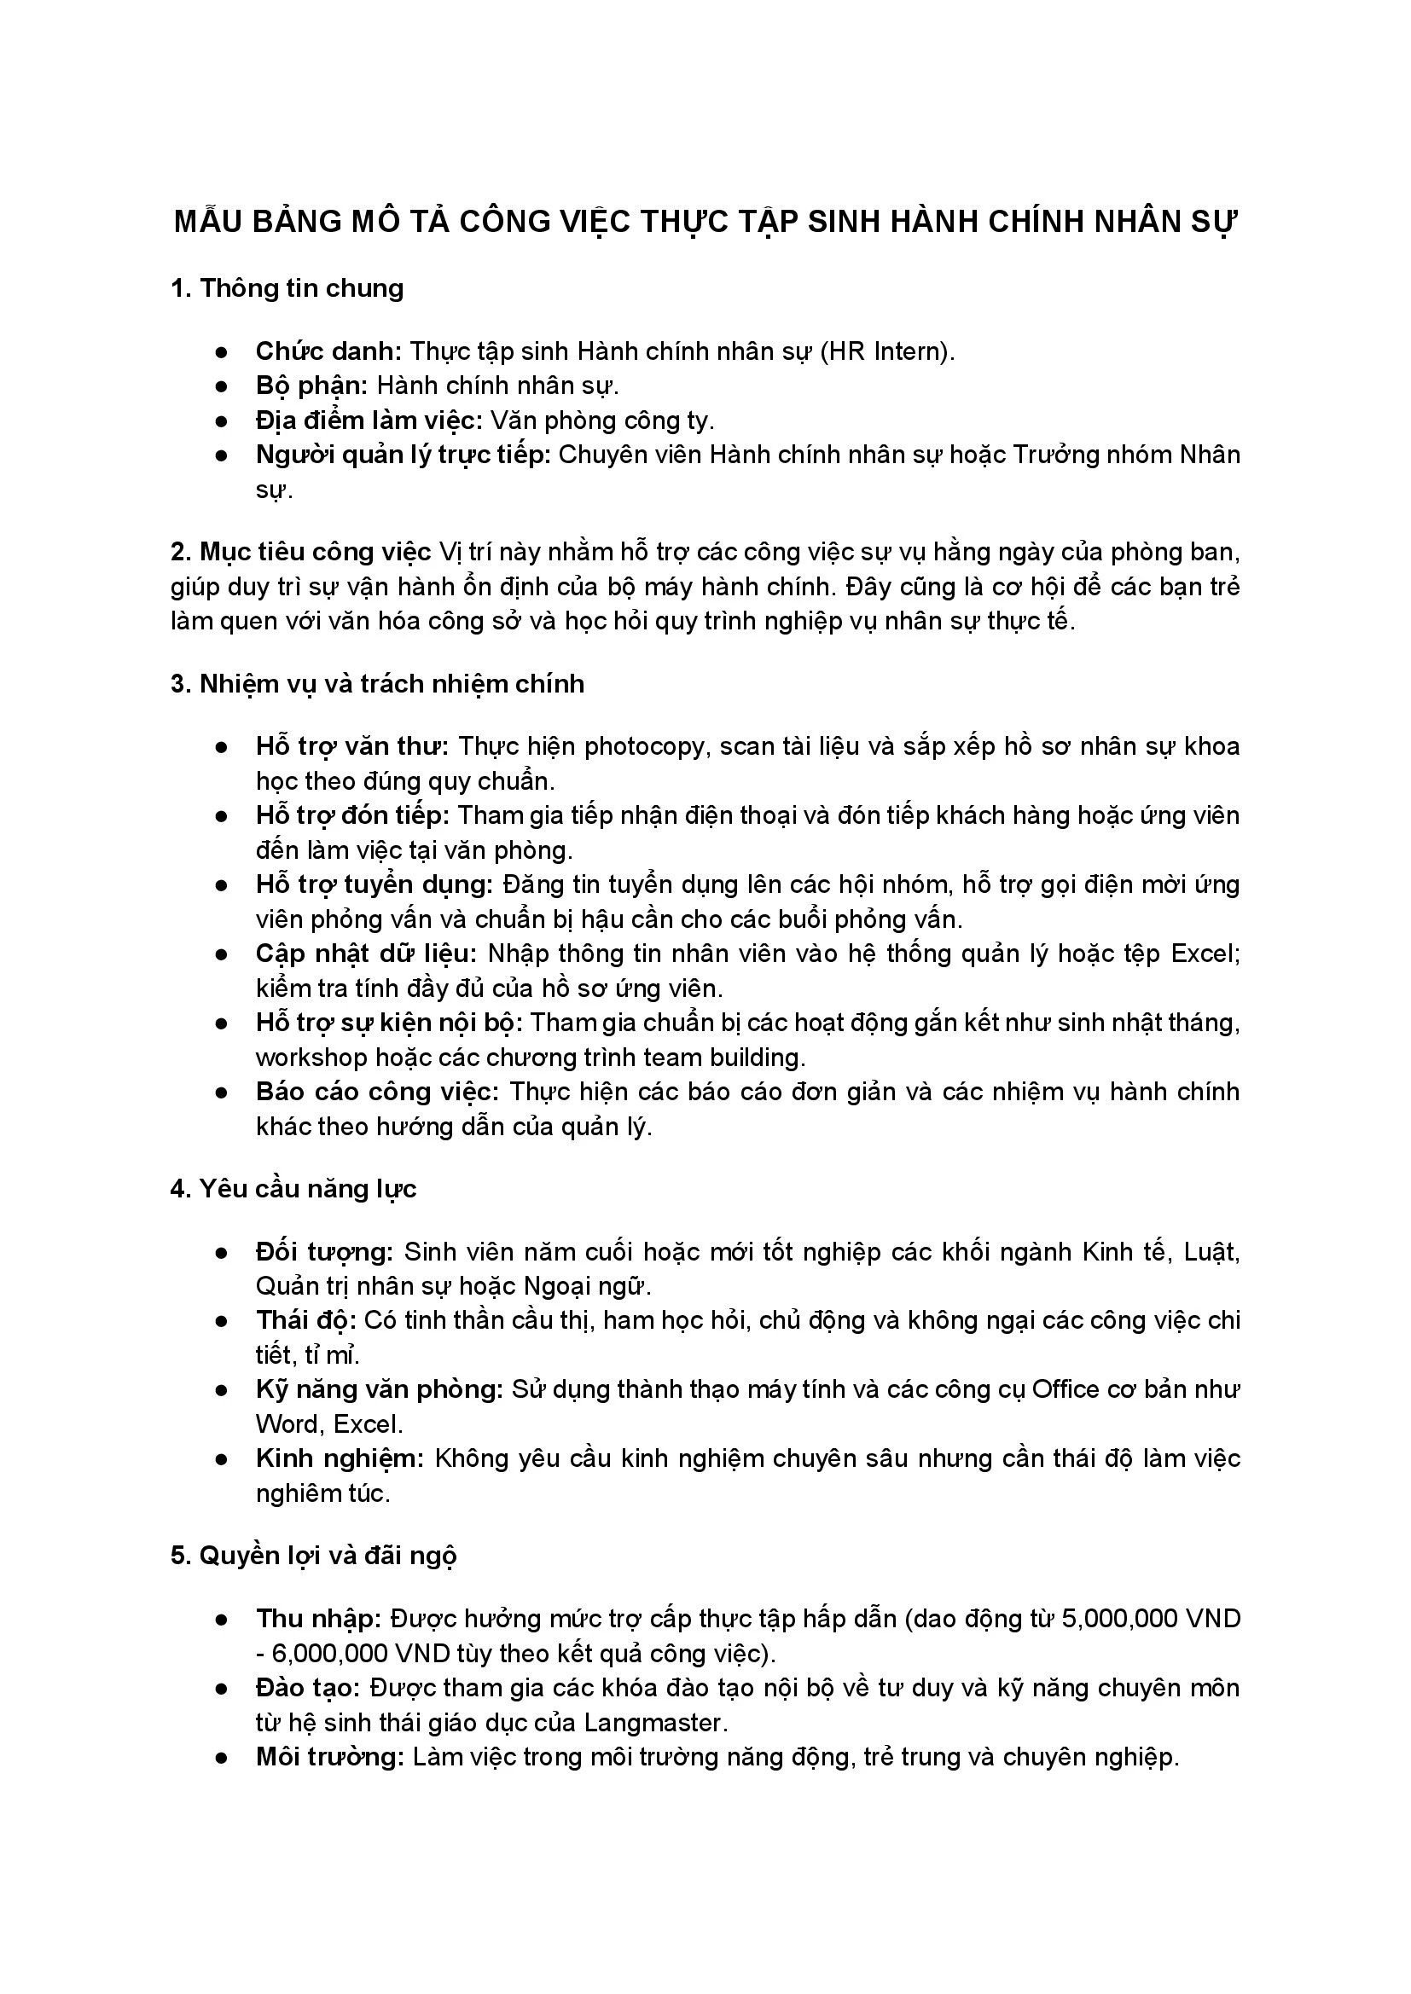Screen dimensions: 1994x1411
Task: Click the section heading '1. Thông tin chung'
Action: (287, 288)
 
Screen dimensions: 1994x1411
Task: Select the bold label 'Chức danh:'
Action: (328, 351)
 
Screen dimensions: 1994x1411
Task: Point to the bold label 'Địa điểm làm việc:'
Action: (369, 420)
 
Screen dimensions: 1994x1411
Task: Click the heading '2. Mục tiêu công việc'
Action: (300, 552)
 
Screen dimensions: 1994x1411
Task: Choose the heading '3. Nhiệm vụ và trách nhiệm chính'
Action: (377, 683)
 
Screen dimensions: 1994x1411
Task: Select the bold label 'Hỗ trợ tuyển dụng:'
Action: (375, 884)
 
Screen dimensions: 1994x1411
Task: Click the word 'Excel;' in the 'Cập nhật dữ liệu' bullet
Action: (1205, 954)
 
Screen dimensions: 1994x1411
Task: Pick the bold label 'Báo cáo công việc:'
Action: (377, 1092)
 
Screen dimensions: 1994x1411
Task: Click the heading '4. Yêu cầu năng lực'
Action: (293, 1188)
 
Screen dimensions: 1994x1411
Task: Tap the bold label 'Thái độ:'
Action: (306, 1320)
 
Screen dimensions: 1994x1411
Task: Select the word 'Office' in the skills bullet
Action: (1066, 1389)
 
